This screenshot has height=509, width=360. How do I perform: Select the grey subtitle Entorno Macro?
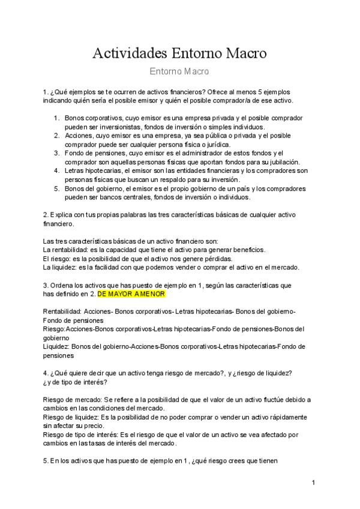[x=179, y=72]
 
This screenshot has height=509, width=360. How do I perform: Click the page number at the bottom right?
[x=313, y=483]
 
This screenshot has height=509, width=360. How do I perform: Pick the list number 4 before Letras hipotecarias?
[x=56, y=171]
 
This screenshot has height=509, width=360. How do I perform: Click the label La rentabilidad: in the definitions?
[x=67, y=249]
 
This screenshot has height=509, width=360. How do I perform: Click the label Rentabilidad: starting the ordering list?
[x=63, y=312]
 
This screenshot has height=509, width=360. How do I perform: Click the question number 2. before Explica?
[x=46, y=214]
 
